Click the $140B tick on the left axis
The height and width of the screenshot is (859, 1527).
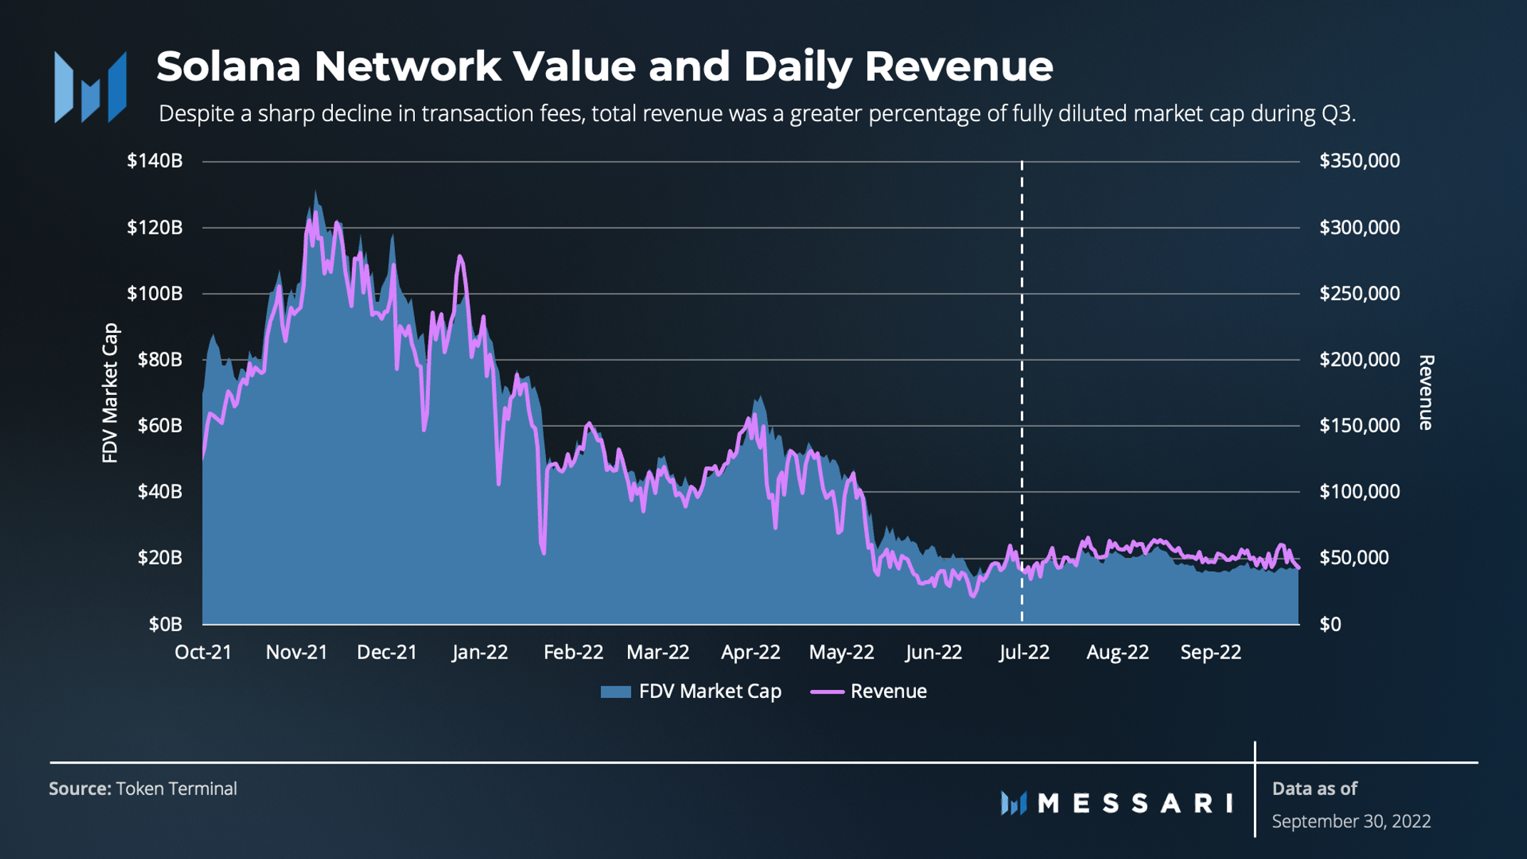(x=155, y=161)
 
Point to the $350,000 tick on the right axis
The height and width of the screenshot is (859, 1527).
(x=1359, y=161)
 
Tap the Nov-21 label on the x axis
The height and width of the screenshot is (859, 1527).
(x=297, y=652)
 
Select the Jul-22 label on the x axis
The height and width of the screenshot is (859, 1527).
(x=1024, y=652)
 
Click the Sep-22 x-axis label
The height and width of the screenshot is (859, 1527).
(x=1210, y=652)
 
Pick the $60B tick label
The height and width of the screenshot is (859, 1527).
(x=160, y=426)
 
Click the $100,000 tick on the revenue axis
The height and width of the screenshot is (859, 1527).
(x=1359, y=492)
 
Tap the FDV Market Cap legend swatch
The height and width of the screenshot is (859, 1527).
(x=615, y=691)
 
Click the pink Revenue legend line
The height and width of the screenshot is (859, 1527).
(x=827, y=691)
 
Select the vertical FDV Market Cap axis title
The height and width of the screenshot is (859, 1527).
(x=110, y=393)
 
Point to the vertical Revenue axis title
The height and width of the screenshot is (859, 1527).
(x=1426, y=393)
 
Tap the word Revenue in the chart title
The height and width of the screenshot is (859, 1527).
(x=959, y=66)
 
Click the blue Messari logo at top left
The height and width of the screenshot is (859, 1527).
(x=91, y=87)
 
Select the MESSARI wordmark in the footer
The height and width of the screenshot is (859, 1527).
(x=1135, y=803)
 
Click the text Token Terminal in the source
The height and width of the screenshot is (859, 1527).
(x=176, y=789)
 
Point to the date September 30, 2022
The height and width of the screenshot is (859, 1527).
(x=1351, y=821)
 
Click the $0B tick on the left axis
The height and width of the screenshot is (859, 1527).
(x=165, y=624)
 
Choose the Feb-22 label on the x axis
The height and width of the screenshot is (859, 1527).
(x=573, y=652)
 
